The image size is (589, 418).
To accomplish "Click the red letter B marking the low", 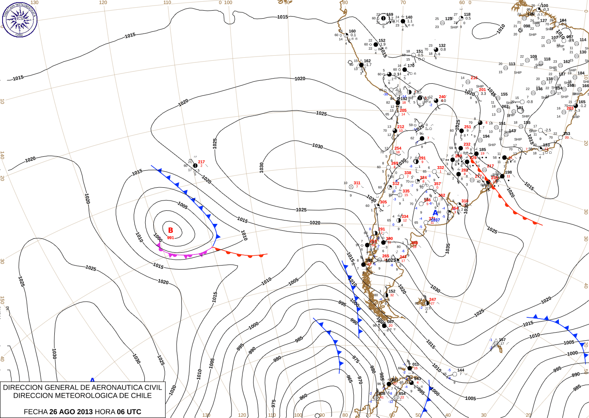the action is click(171, 230).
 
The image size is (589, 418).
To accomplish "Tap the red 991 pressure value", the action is click(170, 238).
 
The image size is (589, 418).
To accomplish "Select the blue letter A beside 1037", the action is click(435, 213).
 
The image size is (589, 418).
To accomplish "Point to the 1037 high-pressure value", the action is click(436, 220).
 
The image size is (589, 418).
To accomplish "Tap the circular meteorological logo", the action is click(20, 19).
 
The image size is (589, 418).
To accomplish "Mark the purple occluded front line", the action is click(183, 255).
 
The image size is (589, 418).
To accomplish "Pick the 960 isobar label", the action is click(303, 397).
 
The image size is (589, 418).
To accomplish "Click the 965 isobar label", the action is click(349, 378).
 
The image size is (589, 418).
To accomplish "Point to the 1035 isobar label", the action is click(448, 249).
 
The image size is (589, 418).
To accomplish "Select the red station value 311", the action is click(357, 183).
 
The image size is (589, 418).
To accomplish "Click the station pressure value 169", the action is click(389, 14).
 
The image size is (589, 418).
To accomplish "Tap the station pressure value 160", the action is click(352, 31).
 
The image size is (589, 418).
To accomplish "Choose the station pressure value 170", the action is click(411, 66).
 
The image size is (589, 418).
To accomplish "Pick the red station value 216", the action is click(474, 78).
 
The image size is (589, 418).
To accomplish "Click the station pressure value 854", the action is click(402, 393).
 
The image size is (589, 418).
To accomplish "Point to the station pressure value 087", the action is click(390, 322).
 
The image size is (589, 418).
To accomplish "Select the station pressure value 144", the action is click(461, 370).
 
